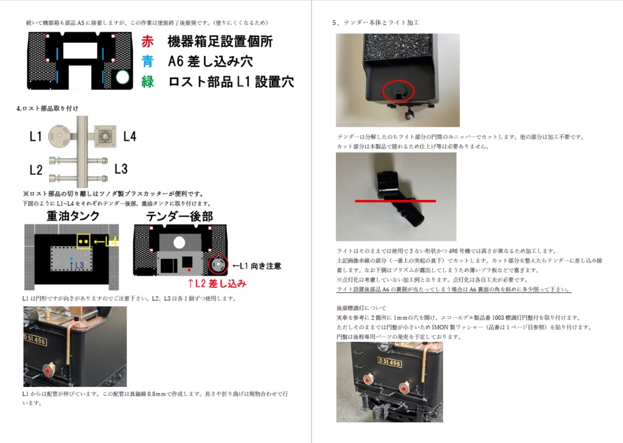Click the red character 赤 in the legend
147,41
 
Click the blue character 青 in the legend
147,61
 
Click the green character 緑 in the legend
147,81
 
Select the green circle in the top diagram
123,77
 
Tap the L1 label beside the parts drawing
36,136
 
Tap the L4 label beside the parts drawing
130,136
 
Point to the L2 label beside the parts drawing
36,169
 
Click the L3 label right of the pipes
120,169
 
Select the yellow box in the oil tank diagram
83,241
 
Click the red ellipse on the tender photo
399,91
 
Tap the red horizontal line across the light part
395,200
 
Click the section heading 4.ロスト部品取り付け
47,108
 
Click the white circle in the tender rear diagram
179,242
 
